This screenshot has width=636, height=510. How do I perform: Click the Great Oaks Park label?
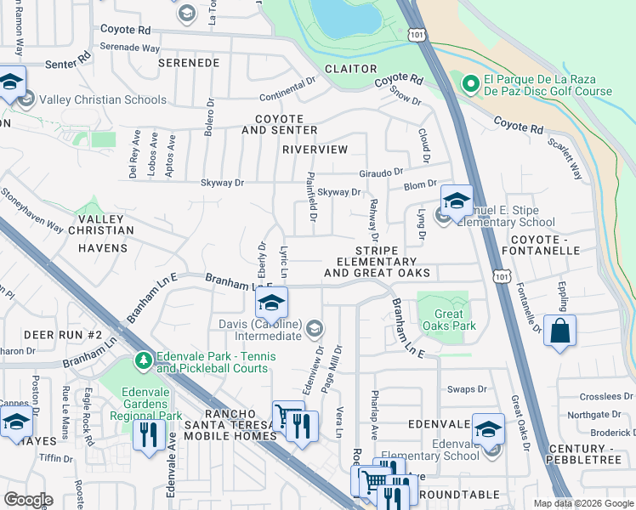point(443,320)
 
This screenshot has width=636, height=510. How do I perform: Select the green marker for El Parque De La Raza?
point(469,85)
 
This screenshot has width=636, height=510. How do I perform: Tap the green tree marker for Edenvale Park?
point(144,361)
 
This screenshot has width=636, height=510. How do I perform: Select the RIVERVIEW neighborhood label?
point(315,150)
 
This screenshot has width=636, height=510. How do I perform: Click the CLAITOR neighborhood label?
point(350,69)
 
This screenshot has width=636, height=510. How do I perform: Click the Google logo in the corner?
point(28,499)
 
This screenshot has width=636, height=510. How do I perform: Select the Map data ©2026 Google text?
point(583,503)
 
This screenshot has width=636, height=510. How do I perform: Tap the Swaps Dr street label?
point(467,389)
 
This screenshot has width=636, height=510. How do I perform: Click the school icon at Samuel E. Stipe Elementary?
point(457,201)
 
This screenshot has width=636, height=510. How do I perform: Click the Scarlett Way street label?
point(565,158)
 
